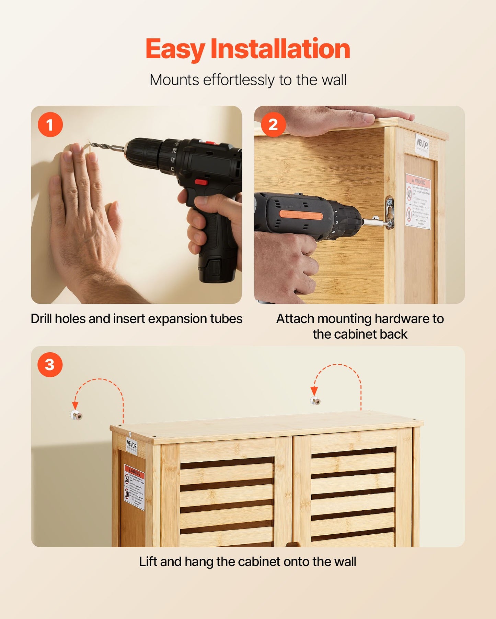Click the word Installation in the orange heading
coord(280,49)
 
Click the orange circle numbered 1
coord(50,125)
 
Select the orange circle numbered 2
coord(273,125)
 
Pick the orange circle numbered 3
coord(50,365)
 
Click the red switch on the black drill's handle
coord(201,182)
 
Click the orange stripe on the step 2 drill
coord(301,215)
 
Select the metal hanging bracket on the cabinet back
coord(390,213)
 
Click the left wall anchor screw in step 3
coord(77,416)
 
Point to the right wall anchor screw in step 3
coord(316,401)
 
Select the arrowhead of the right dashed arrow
coord(314,391)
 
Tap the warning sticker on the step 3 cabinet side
coord(134,487)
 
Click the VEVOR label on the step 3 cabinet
coord(131,445)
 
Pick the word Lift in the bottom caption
coord(148,562)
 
